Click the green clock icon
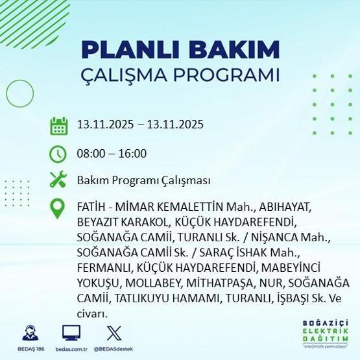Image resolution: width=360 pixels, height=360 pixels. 59,154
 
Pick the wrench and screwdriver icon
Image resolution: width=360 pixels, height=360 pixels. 59,180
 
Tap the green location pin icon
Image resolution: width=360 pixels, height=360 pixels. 59,208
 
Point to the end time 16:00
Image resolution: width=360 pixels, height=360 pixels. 134,154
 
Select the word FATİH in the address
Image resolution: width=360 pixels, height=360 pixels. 90,208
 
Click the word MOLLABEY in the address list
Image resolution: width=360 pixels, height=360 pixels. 154,283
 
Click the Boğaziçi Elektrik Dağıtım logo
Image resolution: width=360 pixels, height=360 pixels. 325,333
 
